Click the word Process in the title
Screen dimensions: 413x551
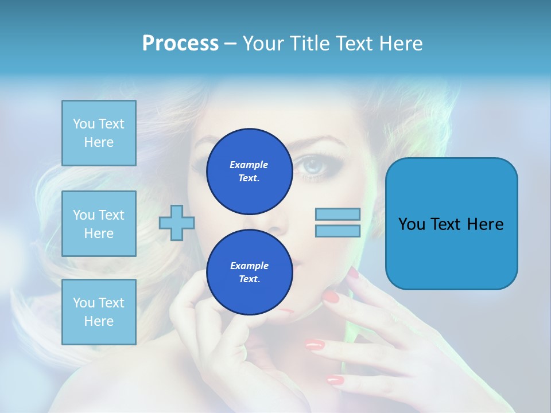tap(180, 44)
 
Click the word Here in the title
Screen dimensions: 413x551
tap(399, 44)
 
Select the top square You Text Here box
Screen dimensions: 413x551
tap(99, 133)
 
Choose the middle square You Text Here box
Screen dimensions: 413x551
tap(99, 224)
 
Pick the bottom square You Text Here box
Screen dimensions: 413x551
tap(99, 312)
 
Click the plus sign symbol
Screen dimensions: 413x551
tap(177, 223)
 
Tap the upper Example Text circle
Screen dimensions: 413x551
tap(249, 172)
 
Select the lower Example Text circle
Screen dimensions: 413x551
tap(249, 272)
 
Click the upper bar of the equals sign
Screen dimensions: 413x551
tap(337, 215)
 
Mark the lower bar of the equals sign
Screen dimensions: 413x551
tap(337, 231)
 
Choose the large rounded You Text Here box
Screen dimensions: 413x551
tap(451, 224)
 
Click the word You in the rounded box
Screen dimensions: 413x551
tap(412, 224)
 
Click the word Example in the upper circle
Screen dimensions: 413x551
tap(249, 165)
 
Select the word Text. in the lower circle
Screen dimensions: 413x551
tap(249, 279)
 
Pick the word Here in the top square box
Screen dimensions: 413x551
tap(99, 142)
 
